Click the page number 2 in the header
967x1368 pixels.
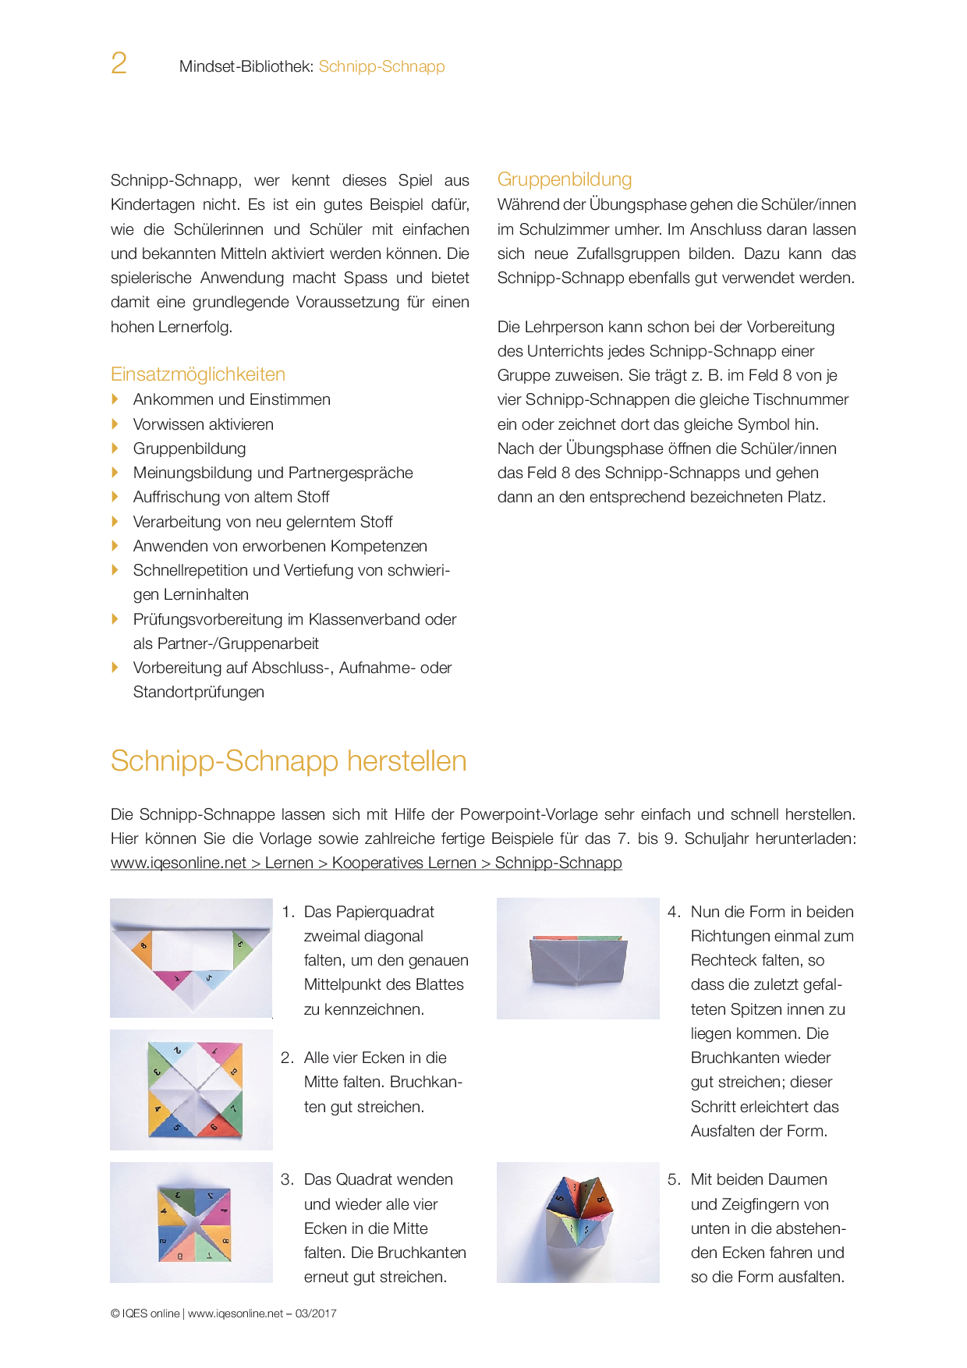pos(119,64)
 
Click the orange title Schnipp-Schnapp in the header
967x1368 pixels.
pos(381,66)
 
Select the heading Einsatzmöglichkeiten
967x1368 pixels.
pos(198,374)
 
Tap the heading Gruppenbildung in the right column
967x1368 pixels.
pos(565,179)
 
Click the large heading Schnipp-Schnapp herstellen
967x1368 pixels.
pos(289,761)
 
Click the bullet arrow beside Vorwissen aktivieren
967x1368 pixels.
pos(115,424)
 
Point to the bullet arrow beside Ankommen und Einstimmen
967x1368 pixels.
pos(115,399)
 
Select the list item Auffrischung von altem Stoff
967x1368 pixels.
pos(231,497)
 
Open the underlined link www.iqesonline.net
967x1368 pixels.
pos(179,863)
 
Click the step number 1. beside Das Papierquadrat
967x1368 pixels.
pos(288,912)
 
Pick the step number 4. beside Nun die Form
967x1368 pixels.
pos(674,912)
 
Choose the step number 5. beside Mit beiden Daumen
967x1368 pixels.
pos(674,1179)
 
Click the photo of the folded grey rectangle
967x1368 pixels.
pos(578,959)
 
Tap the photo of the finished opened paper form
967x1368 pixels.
pos(578,1222)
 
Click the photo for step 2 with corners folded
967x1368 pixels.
pos(191,1090)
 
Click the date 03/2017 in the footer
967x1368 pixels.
pos(316,1313)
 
